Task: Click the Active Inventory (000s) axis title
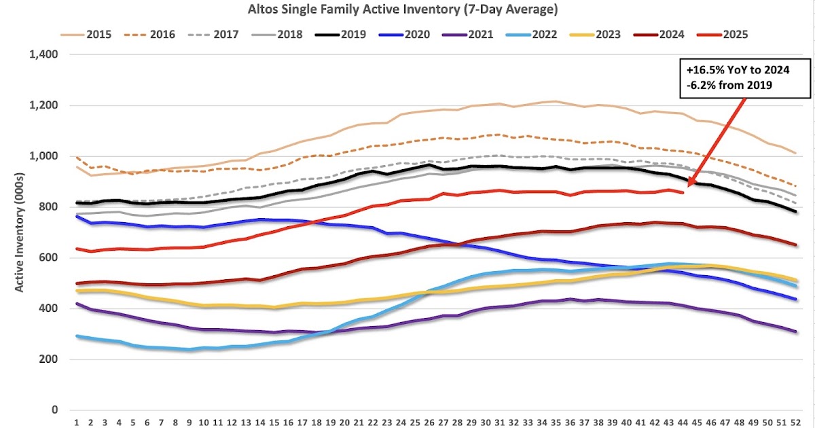pos(20,232)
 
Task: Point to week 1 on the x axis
pos(76,421)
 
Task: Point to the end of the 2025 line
pos(682,192)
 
